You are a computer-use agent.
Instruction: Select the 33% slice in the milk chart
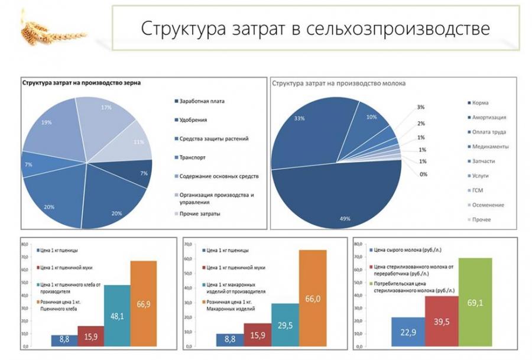point(307,127)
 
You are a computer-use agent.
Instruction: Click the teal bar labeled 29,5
point(285,325)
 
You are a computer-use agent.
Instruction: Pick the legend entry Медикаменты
point(490,146)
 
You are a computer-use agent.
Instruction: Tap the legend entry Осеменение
point(489,205)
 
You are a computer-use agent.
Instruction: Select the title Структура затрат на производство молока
point(338,85)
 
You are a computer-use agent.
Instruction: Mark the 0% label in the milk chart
point(423,174)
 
